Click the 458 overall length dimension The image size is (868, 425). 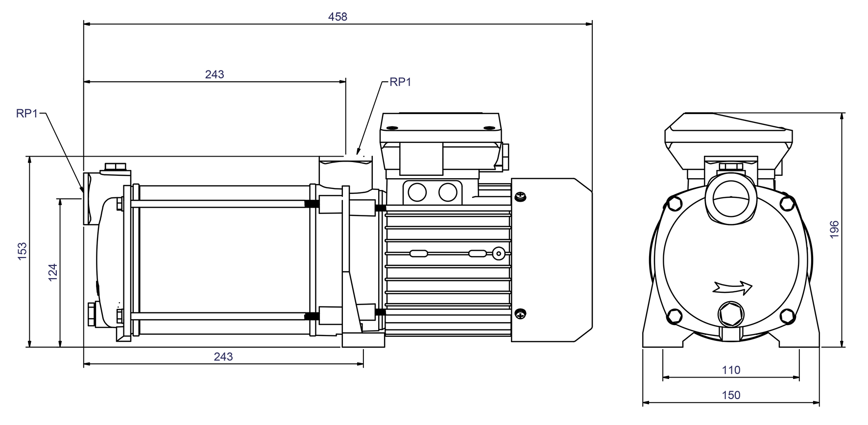point(338,17)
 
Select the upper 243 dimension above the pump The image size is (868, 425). point(215,74)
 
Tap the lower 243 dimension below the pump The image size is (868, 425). point(223,357)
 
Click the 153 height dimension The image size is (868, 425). point(22,251)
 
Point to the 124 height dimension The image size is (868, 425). point(53,272)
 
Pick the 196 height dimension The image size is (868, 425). point(834,230)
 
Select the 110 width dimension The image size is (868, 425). point(731,370)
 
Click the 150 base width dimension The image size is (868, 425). point(731,395)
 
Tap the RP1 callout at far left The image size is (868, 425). point(27,114)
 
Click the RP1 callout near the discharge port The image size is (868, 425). point(400,82)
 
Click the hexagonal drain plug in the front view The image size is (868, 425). point(729,314)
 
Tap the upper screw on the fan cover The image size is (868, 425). point(520,197)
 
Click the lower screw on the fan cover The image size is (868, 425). point(520,314)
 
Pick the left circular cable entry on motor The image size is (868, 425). point(417,192)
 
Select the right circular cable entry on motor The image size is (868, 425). point(448,192)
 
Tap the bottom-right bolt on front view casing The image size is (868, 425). point(787,316)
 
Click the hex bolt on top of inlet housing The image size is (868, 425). point(115,167)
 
